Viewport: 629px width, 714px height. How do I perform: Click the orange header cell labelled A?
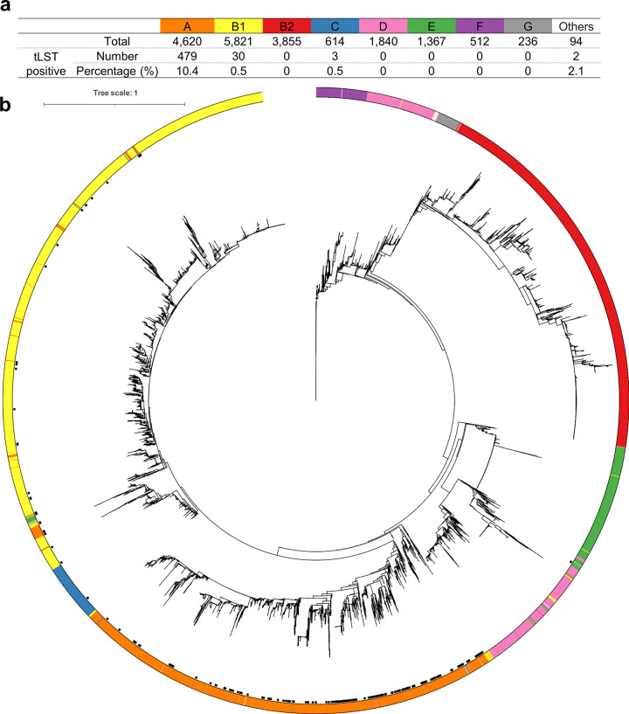[x=181, y=26]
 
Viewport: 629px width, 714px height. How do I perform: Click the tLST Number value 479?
[x=181, y=56]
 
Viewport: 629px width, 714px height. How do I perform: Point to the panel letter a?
[x=7, y=9]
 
